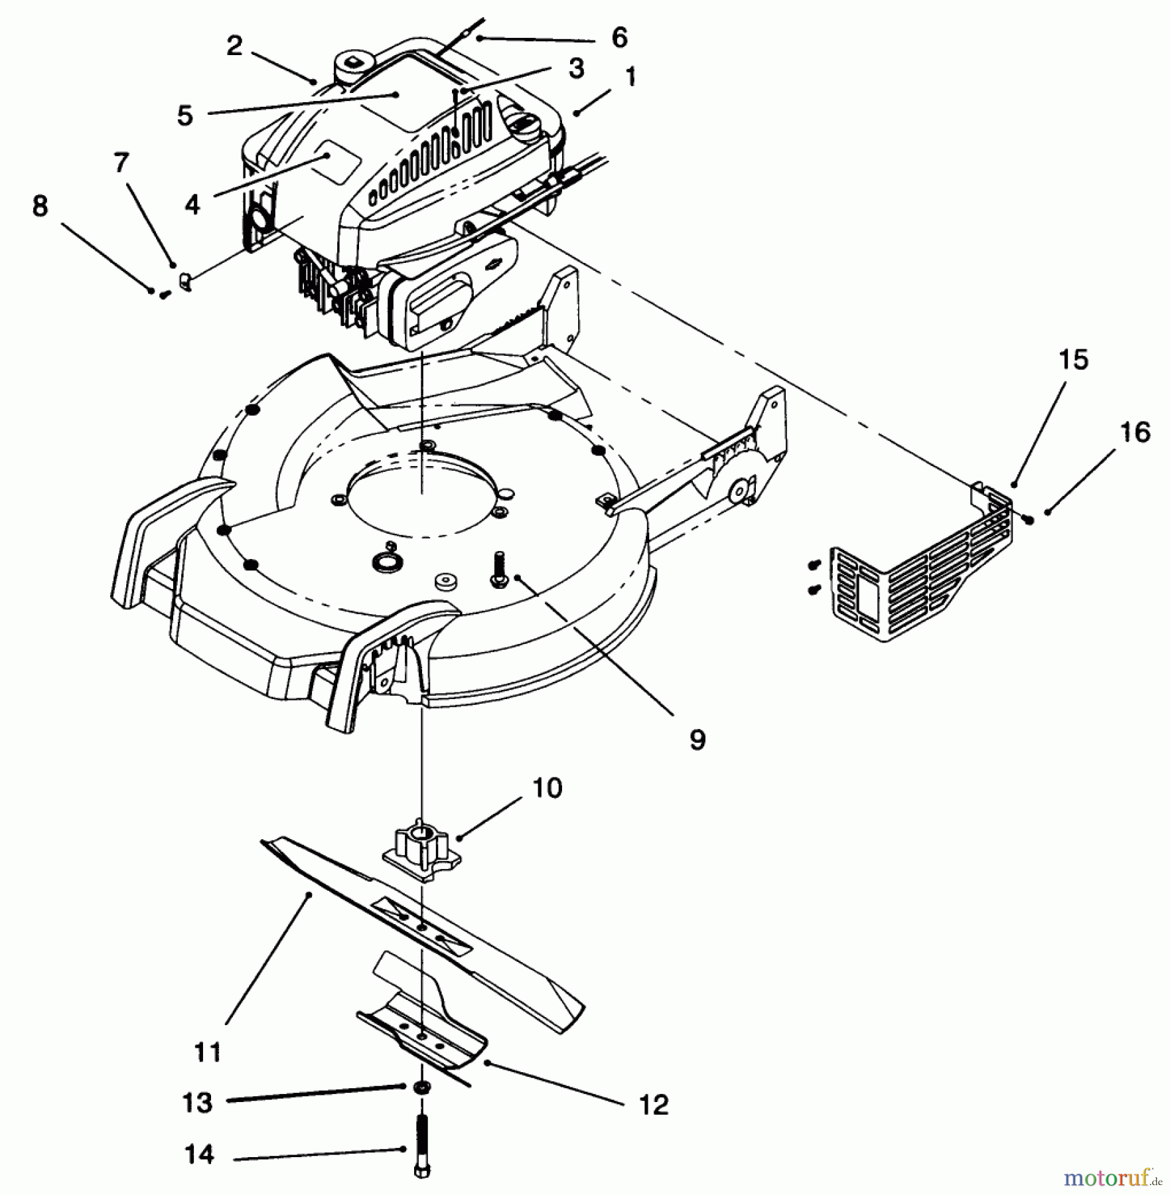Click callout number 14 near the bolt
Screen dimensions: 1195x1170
pos(198,1155)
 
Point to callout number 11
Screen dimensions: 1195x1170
pos(208,1053)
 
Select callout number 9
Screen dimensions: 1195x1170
pos(697,740)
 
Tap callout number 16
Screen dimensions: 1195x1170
pos(1134,432)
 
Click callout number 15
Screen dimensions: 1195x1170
pos(1073,360)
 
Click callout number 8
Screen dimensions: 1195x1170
pos(40,206)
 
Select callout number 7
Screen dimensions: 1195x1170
pos(121,163)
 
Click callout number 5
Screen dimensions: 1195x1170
pos(184,116)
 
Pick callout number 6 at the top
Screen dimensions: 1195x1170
pos(619,38)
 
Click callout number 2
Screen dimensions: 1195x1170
pos(234,46)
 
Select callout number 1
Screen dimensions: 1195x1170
pos(630,77)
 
